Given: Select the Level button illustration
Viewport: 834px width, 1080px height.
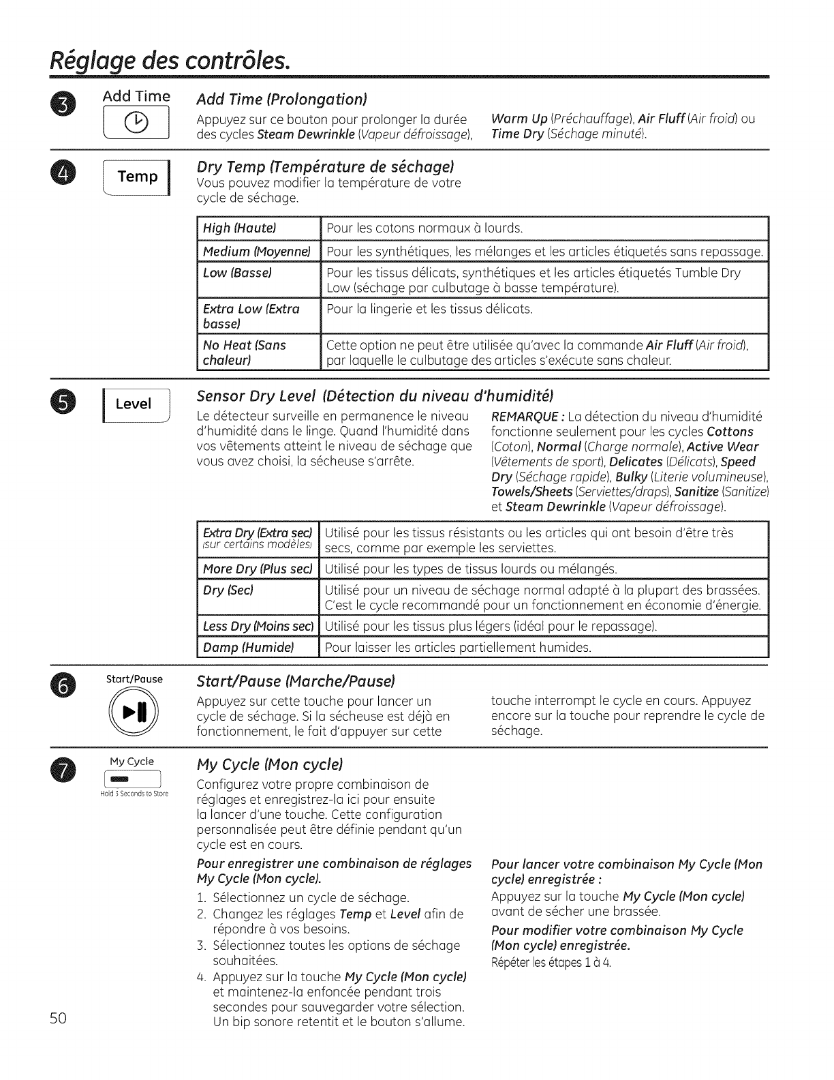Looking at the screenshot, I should pyautogui.click(x=134, y=404).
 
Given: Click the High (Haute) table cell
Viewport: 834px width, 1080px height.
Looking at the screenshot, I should pyautogui.click(x=258, y=228).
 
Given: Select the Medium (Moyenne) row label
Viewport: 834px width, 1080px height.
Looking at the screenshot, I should pyautogui.click(x=258, y=252).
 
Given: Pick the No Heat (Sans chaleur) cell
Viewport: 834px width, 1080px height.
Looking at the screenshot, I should pyautogui.click(x=258, y=352).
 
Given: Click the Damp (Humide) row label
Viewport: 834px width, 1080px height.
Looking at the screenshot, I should pyautogui.click(x=258, y=646).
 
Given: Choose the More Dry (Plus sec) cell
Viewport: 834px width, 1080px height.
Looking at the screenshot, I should pyautogui.click(x=258, y=569).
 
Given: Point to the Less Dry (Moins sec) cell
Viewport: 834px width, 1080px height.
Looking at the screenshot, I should pyautogui.click(x=258, y=625).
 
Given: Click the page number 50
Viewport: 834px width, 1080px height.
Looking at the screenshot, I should pyautogui.click(x=57, y=1019).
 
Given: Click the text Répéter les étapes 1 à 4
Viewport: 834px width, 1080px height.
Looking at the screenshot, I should pyautogui.click(x=546, y=963).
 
